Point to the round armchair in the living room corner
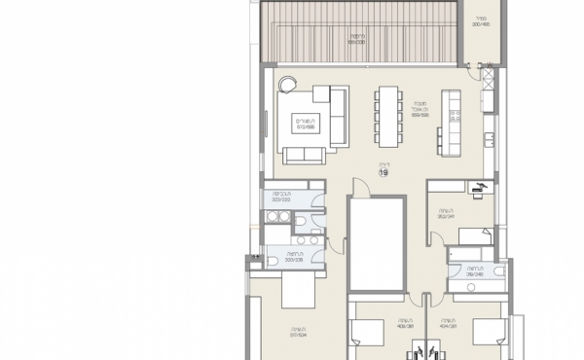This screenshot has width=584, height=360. click(288, 85)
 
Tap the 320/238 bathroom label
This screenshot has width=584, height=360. click(290, 259)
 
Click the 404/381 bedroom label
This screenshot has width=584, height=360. click(449, 325)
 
